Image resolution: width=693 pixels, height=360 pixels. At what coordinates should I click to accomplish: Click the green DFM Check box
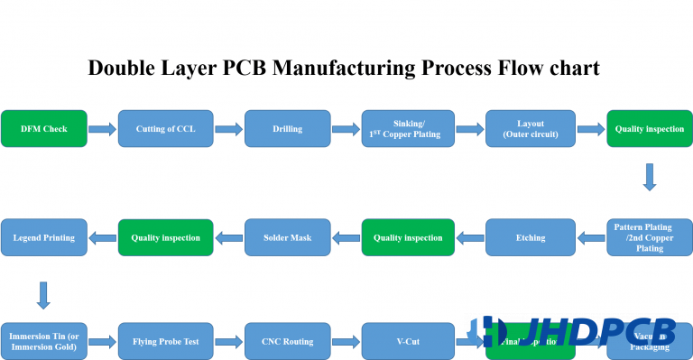coord(45,129)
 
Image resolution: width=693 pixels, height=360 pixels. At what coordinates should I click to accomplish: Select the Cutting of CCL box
coord(165,129)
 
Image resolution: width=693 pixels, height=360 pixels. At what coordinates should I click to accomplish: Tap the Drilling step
coord(287,129)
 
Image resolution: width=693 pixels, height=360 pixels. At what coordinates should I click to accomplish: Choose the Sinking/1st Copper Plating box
coord(408,129)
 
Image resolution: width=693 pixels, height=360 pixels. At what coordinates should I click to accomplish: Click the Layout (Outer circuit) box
coord(530,129)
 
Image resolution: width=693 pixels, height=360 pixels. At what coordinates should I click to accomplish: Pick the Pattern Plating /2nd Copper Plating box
coord(649,237)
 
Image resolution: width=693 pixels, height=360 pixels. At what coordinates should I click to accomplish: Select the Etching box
coord(530,237)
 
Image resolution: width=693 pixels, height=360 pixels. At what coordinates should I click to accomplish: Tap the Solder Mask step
coord(287,237)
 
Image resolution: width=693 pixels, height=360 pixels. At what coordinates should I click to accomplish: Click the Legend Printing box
coord(45,237)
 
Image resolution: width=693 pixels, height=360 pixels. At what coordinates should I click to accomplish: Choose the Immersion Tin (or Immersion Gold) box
coord(45,341)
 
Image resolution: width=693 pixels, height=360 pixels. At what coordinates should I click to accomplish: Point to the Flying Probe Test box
coord(165,341)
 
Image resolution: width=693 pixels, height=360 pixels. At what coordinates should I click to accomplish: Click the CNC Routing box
coord(287,341)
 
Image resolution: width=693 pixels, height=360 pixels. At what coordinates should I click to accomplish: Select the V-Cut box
coord(408,341)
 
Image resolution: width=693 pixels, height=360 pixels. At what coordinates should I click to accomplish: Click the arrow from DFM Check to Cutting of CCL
coord(103,130)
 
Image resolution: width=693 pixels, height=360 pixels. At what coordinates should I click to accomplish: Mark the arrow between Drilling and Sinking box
coord(346,130)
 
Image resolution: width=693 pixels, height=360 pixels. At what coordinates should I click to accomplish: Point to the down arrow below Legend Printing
coord(42,294)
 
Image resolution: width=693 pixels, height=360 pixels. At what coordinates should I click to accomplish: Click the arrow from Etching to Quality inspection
coord(469,238)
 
